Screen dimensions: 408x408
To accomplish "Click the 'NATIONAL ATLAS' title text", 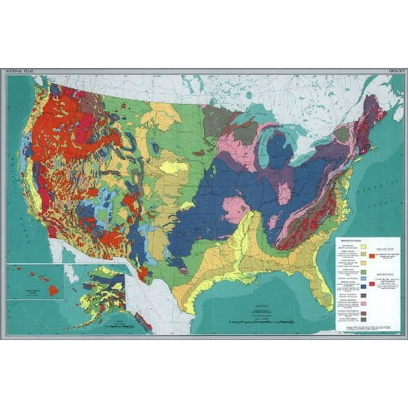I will tap(20, 72).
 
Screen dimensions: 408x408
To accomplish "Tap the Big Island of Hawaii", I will tap(53, 291).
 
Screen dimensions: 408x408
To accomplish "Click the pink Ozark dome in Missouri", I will tap(235, 210).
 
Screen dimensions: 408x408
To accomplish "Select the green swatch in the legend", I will tap(363, 271).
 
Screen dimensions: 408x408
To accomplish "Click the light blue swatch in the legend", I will tap(363, 279).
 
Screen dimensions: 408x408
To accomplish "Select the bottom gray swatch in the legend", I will tap(363, 319).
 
